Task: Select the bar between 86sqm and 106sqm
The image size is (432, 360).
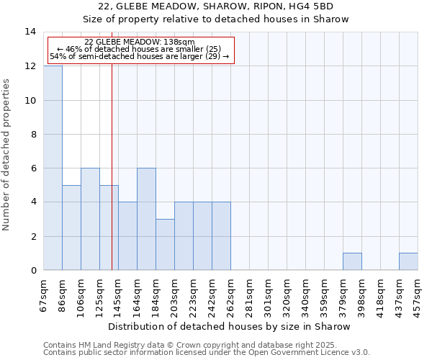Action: click(71, 228)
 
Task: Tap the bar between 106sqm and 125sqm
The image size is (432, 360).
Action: click(90, 219)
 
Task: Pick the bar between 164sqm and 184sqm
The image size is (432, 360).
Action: click(146, 219)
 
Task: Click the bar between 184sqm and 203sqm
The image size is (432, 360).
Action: click(165, 245)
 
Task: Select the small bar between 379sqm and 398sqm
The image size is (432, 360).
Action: click(352, 262)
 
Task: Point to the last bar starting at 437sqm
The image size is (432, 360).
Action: click(408, 262)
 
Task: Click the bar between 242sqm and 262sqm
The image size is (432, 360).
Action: click(221, 236)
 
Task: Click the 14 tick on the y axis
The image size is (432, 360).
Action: click(30, 32)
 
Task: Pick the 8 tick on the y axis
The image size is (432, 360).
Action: click(32, 135)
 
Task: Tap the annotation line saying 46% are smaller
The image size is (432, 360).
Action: click(139, 49)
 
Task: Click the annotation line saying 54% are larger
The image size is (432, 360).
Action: click(139, 56)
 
